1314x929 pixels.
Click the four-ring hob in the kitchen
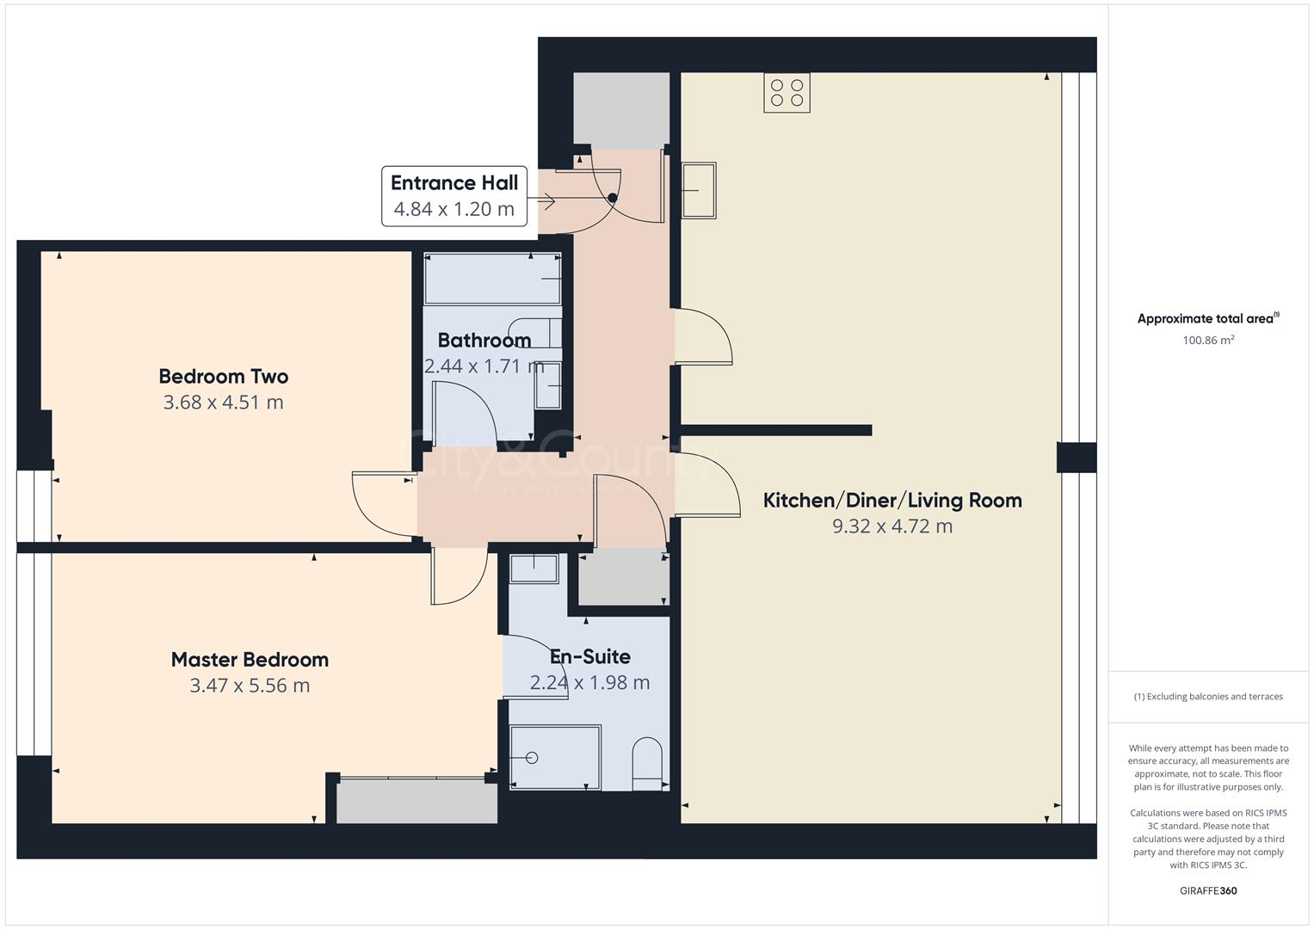[x=787, y=93]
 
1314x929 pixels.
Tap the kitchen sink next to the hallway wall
[x=699, y=190]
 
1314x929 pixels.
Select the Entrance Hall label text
[x=454, y=182]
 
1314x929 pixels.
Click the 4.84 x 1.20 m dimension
[x=453, y=209]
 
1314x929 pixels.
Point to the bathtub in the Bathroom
[x=492, y=279]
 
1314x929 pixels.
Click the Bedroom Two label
[x=223, y=376]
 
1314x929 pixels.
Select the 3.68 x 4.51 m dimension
[x=223, y=403]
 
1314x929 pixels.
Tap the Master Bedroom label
[x=250, y=660]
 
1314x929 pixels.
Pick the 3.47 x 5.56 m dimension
[x=250, y=686]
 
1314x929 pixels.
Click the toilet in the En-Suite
[x=647, y=763]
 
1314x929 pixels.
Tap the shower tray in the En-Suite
[x=555, y=757]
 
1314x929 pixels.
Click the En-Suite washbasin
[x=534, y=569]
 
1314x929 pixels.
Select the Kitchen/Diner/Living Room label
[x=892, y=500]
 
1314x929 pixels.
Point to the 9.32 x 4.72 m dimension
[x=892, y=526]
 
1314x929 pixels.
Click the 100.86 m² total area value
[x=1208, y=340]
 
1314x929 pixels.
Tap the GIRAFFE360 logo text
[x=1208, y=891]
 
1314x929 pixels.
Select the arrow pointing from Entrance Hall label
[x=543, y=202]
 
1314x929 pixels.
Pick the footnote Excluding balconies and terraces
[x=1208, y=697]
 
